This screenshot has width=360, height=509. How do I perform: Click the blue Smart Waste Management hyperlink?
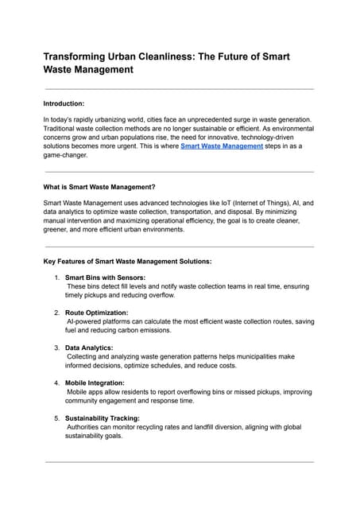[222, 146]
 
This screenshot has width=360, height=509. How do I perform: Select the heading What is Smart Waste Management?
[99, 188]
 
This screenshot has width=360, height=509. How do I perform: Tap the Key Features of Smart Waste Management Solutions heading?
[127, 261]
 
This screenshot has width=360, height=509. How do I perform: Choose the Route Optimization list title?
[96, 313]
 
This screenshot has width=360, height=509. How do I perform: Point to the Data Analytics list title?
[89, 348]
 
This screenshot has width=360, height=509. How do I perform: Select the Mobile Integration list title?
[96, 383]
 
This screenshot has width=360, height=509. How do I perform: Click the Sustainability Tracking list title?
[103, 418]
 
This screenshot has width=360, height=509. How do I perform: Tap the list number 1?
[56, 277]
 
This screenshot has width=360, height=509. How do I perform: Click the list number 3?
[56, 348]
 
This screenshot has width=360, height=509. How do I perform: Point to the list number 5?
[56, 418]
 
